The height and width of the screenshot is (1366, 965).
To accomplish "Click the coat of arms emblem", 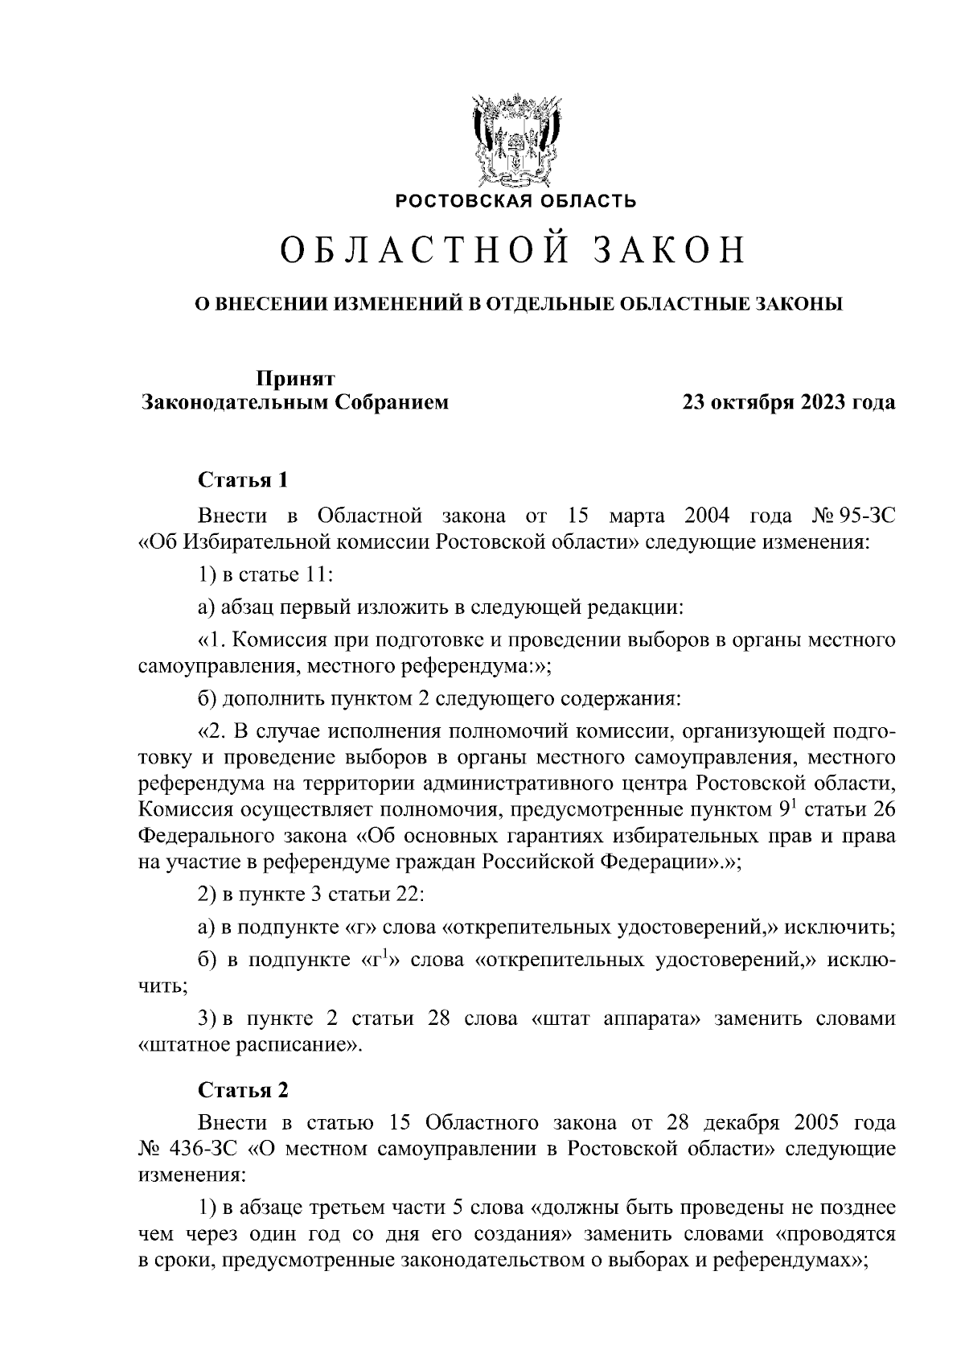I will coord(515,141).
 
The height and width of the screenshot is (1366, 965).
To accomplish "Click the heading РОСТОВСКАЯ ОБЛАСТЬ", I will coord(515,200).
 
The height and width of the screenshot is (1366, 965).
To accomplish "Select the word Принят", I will coord(295,378).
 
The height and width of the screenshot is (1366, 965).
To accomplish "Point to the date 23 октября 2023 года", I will coord(788,402).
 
